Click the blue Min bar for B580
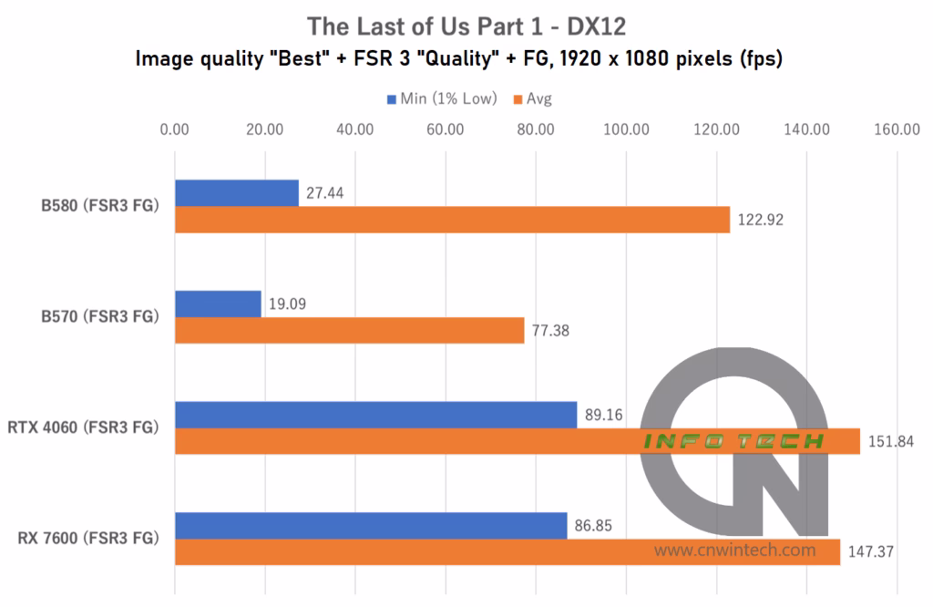click(x=236, y=193)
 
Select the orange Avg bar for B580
click(x=452, y=220)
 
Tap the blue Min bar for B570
click(x=218, y=304)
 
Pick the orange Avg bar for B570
click(x=349, y=331)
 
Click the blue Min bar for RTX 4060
click(x=375, y=415)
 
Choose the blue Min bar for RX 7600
click(x=370, y=526)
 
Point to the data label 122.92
click(x=761, y=220)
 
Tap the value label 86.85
click(x=598, y=527)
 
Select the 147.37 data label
click(x=871, y=553)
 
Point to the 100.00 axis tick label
click(x=626, y=129)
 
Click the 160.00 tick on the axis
click(x=897, y=129)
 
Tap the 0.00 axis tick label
click(x=174, y=129)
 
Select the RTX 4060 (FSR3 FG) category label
click(x=83, y=427)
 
